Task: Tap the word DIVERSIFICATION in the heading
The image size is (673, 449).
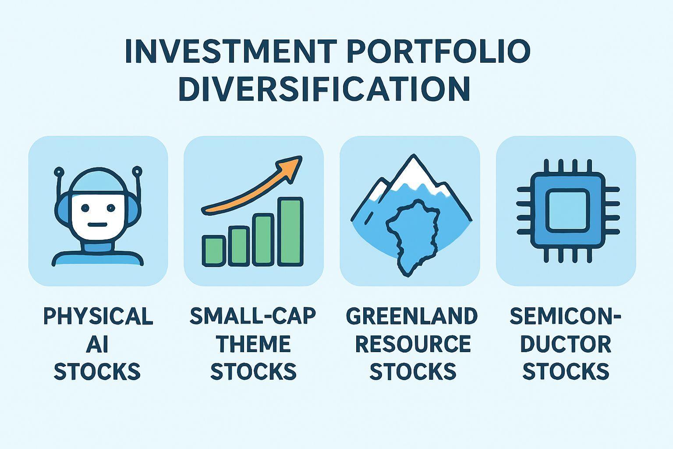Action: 325,89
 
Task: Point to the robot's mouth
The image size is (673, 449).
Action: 98,224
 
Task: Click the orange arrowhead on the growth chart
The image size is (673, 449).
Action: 290,169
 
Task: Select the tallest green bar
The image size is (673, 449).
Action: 290,232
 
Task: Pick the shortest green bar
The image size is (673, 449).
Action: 214,251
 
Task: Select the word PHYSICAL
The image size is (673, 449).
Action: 98,316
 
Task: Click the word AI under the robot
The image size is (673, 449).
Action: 97,344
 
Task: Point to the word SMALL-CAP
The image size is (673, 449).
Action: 253,316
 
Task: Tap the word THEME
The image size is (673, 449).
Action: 254,344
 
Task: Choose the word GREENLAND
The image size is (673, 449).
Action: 412,316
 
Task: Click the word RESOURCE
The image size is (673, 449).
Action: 413,344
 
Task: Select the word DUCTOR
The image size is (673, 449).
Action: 566,344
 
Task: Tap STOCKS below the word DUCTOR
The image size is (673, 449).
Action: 566,371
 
